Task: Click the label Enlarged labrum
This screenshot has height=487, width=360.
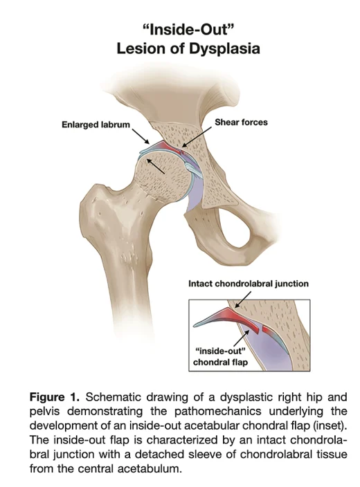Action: coord(96,125)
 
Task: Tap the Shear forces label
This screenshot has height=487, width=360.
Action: coord(241,122)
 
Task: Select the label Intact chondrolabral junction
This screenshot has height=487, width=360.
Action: coord(249,284)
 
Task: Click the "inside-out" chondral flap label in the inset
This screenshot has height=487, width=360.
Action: coord(220,356)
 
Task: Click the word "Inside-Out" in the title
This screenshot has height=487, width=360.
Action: coord(188,30)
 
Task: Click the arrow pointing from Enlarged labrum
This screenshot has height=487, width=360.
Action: coord(141,136)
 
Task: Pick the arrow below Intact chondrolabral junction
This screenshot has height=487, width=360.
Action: coord(242,300)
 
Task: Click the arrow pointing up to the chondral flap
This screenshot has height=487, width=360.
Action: coord(242,338)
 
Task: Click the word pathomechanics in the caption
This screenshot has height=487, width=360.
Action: coord(217,411)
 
